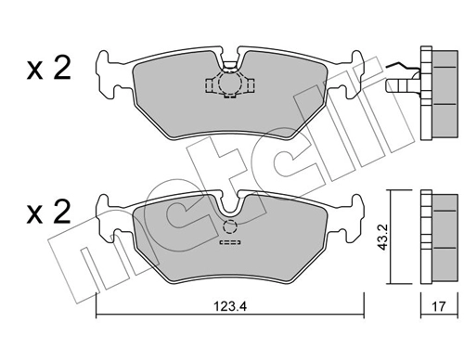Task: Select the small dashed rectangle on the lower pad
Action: coord(228,247)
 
